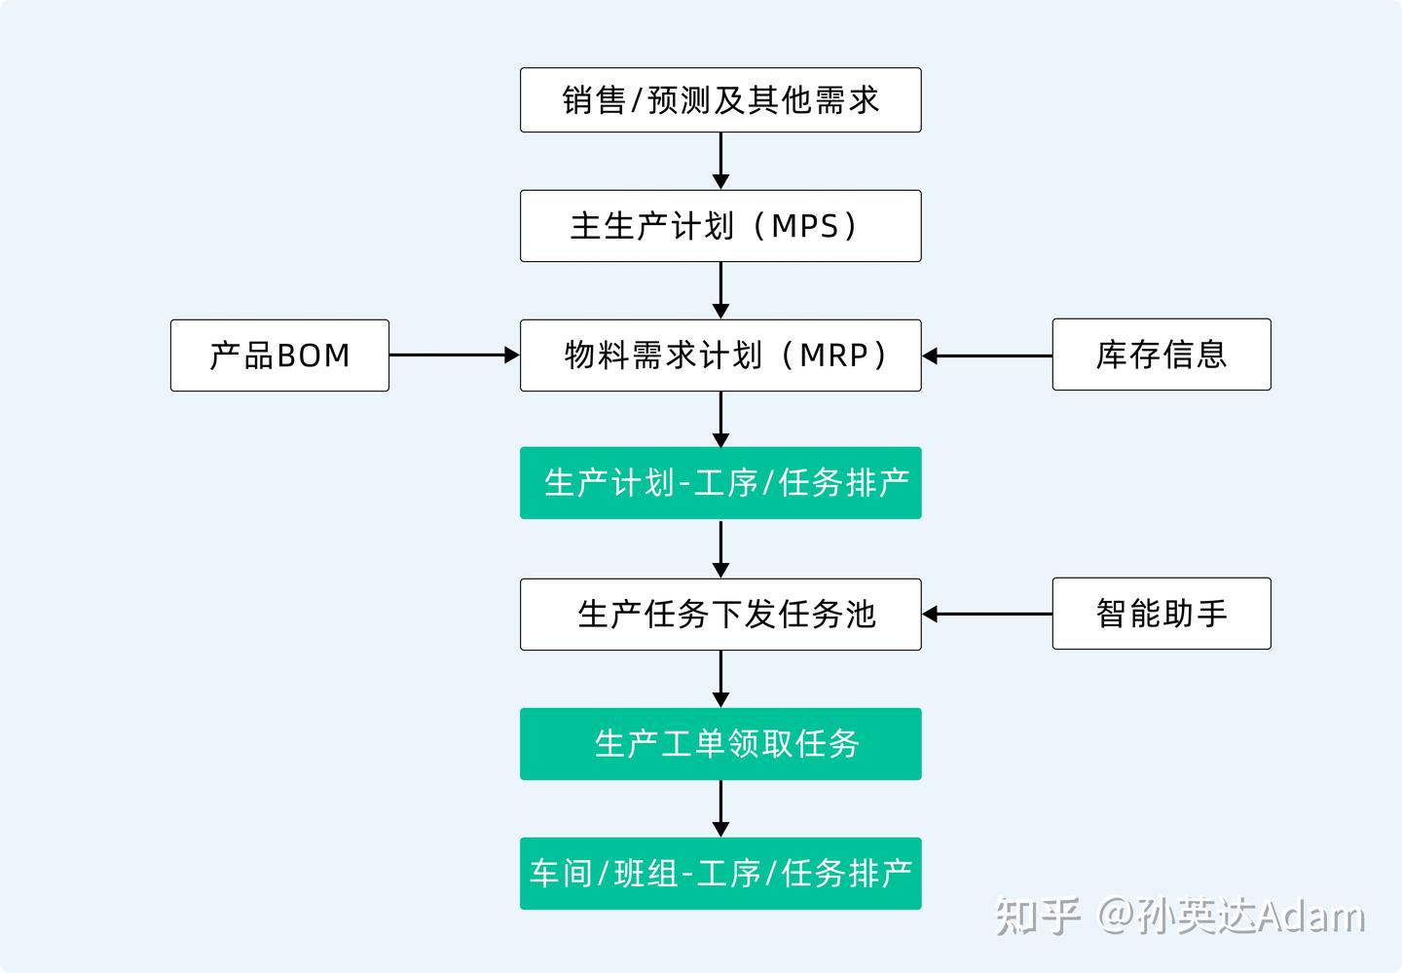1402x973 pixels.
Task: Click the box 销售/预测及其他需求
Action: click(720, 100)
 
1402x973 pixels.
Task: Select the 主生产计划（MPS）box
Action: click(720, 226)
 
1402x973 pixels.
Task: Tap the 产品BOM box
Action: click(279, 356)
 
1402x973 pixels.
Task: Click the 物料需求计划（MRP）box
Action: click(720, 356)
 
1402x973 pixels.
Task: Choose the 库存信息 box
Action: click(1161, 355)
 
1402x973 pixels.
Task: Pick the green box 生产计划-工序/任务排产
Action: click(720, 483)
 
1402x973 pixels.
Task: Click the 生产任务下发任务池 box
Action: click(720, 615)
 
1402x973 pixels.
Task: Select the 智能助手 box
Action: click(1161, 614)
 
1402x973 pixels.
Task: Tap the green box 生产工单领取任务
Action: click(720, 744)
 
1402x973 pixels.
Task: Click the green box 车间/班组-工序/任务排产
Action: click(720, 874)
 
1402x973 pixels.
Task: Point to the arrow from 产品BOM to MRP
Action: click(454, 356)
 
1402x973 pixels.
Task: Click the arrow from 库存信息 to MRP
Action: click(987, 356)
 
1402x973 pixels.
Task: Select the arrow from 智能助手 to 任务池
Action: click(987, 614)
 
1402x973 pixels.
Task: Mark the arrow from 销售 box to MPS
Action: click(720, 161)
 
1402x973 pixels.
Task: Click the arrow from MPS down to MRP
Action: click(720, 290)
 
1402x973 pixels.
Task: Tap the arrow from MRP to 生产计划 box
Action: click(720, 419)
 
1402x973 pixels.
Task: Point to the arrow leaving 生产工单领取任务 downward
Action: click(720, 808)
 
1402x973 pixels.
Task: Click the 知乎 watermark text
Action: click(1037, 917)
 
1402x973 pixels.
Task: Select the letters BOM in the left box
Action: click(314, 356)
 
